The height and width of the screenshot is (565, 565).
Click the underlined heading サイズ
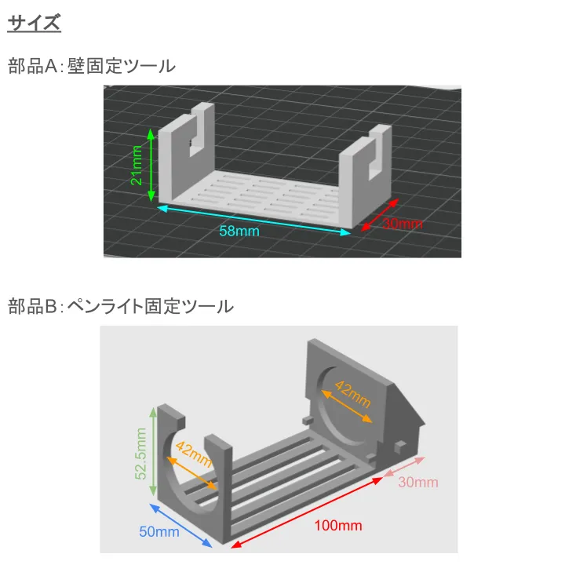click(34, 23)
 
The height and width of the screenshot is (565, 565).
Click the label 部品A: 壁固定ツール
click(92, 66)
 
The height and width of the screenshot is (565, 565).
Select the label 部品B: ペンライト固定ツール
click(121, 306)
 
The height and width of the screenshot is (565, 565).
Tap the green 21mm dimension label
click(137, 166)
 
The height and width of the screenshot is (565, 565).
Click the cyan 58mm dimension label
click(239, 231)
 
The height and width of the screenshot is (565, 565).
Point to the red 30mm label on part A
click(403, 224)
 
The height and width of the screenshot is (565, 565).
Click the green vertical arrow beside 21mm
click(151, 165)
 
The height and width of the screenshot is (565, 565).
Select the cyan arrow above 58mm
click(253, 220)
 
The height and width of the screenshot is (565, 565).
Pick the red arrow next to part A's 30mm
click(380, 215)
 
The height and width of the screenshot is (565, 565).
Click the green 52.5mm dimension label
click(140, 454)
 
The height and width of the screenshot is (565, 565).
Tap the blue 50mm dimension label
click(159, 532)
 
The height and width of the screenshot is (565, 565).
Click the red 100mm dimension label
click(338, 526)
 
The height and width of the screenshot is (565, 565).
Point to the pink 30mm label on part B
click(418, 483)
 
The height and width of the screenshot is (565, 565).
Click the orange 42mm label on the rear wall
click(352, 394)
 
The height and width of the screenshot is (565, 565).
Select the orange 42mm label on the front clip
click(194, 454)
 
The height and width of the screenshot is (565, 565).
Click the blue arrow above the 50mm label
click(180, 526)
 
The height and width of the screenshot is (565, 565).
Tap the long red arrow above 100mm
click(307, 512)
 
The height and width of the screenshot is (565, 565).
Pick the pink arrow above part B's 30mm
click(404, 467)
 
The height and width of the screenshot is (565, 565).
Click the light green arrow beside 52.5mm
click(153, 451)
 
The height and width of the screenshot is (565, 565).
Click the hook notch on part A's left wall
click(195, 144)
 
